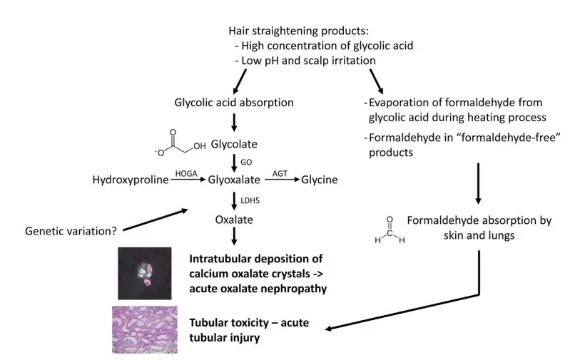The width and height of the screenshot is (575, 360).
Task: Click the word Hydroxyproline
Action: point(131,180)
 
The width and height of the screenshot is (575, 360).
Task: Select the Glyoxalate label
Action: point(233,180)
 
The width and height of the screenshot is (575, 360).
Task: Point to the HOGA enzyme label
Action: point(187,173)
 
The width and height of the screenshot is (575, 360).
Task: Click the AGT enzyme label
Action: point(280,173)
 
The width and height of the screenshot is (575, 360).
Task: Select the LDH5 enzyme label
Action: point(250,200)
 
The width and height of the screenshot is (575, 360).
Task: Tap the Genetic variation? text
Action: point(71,231)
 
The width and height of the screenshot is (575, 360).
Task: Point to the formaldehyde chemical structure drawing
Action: point(388,230)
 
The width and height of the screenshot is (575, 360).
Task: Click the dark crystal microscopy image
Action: point(144,273)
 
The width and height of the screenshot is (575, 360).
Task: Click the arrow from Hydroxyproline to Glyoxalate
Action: point(188,181)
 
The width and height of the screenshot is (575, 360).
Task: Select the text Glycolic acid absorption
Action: point(233,102)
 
